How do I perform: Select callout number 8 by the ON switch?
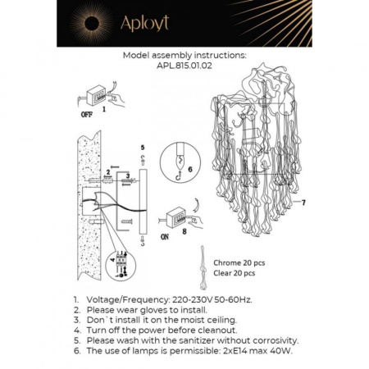(x=186, y=232)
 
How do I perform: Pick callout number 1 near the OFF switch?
(x=104, y=107)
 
